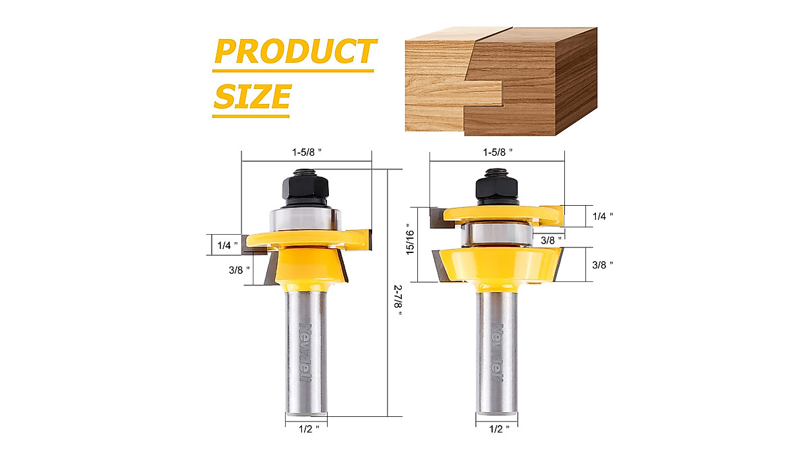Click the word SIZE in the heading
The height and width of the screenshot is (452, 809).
(x=252, y=96)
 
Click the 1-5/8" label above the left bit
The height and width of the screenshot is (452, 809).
(x=307, y=152)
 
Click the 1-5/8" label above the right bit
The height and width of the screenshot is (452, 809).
(x=498, y=152)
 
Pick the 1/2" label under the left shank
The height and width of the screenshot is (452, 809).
(x=307, y=427)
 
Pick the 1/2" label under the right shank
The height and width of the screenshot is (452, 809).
(x=498, y=427)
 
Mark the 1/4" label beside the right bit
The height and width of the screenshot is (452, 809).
(x=602, y=216)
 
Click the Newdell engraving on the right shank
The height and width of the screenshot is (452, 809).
(x=497, y=351)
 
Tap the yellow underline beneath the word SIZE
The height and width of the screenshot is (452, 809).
(x=251, y=115)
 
